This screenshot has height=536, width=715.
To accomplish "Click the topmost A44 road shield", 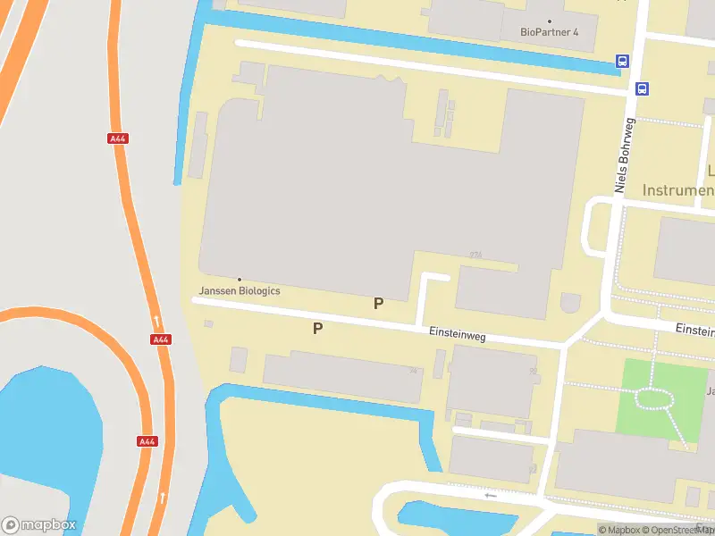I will tap(117, 138).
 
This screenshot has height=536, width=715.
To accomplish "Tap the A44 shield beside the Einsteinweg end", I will tap(161, 339).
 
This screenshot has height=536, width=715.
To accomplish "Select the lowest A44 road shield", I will tap(147, 441).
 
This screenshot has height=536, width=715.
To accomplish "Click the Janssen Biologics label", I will tap(240, 291).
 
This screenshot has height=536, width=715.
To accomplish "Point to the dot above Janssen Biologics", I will tap(239, 280).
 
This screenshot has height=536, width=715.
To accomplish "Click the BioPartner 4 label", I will tap(550, 32).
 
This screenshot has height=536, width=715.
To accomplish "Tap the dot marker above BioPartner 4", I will tap(550, 21).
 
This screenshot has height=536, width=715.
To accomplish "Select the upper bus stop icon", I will tap(622, 62).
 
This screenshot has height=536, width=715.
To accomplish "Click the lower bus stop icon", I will tap(642, 88).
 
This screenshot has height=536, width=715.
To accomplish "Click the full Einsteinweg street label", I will tap(456, 335).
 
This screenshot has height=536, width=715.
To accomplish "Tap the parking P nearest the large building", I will tap(378, 304).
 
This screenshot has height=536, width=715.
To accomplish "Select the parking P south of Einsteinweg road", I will tap(317, 329).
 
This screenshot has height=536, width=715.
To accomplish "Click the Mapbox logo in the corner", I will tap(39, 524).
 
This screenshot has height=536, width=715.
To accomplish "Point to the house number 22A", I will tap(475, 255).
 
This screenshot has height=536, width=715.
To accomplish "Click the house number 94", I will tap(413, 370).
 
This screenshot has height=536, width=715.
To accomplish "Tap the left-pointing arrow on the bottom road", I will tap(489, 495).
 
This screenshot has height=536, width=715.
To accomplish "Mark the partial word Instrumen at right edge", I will tap(678, 190).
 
